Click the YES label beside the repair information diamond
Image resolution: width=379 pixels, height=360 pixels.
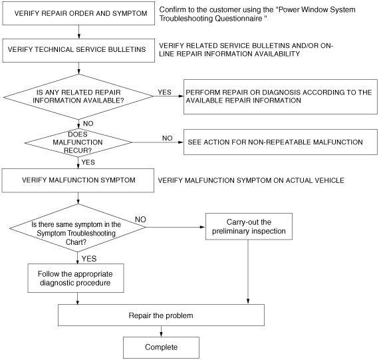[x=165, y=92]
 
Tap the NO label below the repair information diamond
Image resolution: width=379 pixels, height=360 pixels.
[x=88, y=124]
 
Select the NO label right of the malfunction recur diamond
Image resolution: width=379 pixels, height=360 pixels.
[x=168, y=138]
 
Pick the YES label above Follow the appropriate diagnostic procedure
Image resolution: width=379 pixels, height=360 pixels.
[x=89, y=259]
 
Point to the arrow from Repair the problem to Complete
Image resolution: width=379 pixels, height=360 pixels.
[x=161, y=331]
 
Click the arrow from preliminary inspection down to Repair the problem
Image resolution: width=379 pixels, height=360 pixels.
[x=248, y=272]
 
